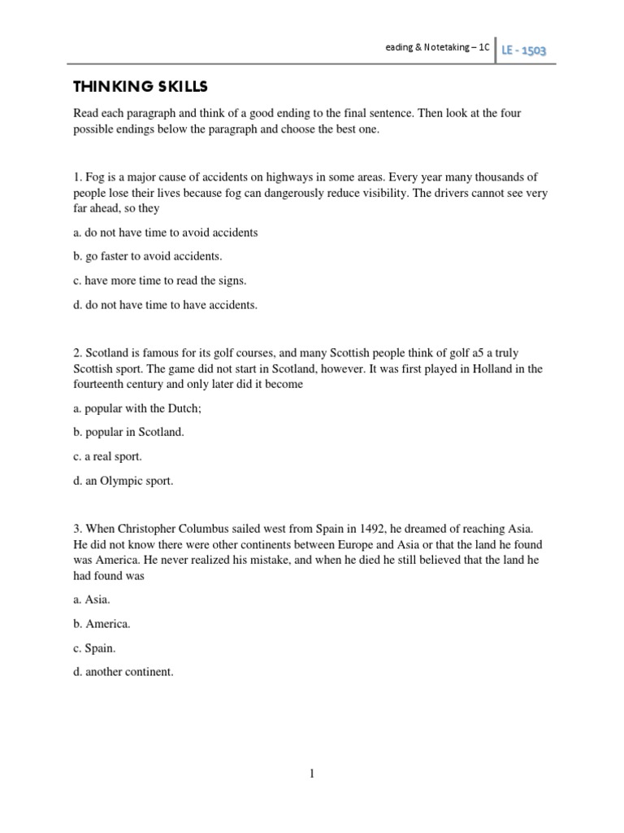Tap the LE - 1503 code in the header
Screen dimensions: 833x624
click(522, 50)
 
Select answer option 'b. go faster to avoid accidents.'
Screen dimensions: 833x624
click(147, 256)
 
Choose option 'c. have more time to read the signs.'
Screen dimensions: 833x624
click(159, 281)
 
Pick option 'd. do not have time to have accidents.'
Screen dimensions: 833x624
click(165, 305)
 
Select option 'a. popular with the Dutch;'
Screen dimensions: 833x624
click(136, 408)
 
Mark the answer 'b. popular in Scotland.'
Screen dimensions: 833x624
click(128, 432)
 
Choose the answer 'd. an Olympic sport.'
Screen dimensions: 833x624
click(123, 481)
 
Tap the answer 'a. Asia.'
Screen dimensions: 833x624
click(91, 600)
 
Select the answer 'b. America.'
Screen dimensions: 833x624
click(102, 624)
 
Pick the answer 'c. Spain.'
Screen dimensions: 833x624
click(94, 648)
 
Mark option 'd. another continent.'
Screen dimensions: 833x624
click(123, 673)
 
